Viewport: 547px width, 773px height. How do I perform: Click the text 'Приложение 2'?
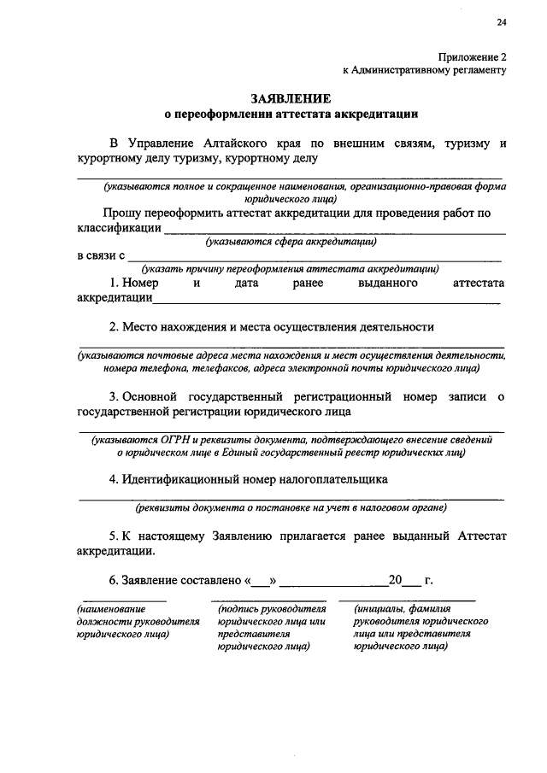(473, 56)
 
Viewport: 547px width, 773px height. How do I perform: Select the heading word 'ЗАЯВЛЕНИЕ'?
(291, 99)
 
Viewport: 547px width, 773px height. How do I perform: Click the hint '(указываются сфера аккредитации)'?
(291, 242)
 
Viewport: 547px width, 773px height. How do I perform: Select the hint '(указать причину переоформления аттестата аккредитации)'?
(291, 268)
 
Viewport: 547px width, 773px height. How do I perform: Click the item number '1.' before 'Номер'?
(115, 283)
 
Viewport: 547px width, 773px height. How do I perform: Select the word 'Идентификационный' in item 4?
(178, 479)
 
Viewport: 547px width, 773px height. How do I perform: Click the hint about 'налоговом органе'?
(291, 508)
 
